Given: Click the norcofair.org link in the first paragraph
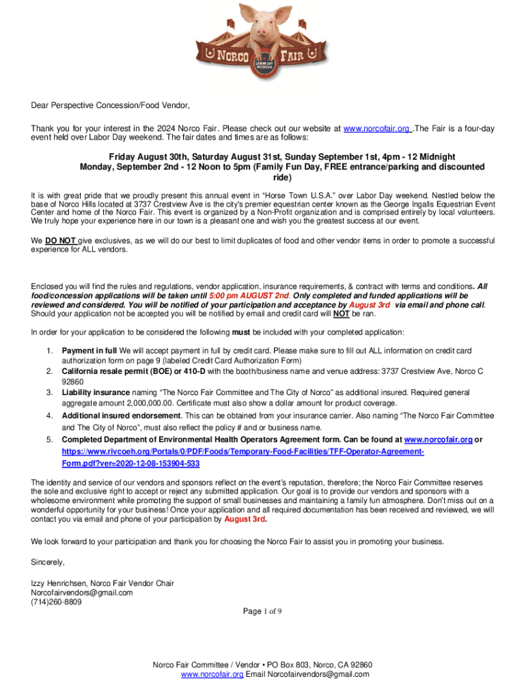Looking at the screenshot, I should click(x=376, y=129).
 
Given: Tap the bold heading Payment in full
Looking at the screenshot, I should click(x=89, y=351).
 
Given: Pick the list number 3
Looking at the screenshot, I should click(x=50, y=392).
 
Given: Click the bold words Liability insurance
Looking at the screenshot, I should click(x=95, y=392).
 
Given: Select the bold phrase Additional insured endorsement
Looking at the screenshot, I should click(x=122, y=416).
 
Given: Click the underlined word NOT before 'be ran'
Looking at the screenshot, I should click(x=342, y=314).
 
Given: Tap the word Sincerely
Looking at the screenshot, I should click(x=48, y=562).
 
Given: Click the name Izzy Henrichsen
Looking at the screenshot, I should click(x=59, y=583).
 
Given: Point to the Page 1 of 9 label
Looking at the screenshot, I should click(x=263, y=611).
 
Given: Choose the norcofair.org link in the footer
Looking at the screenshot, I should click(x=212, y=674).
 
